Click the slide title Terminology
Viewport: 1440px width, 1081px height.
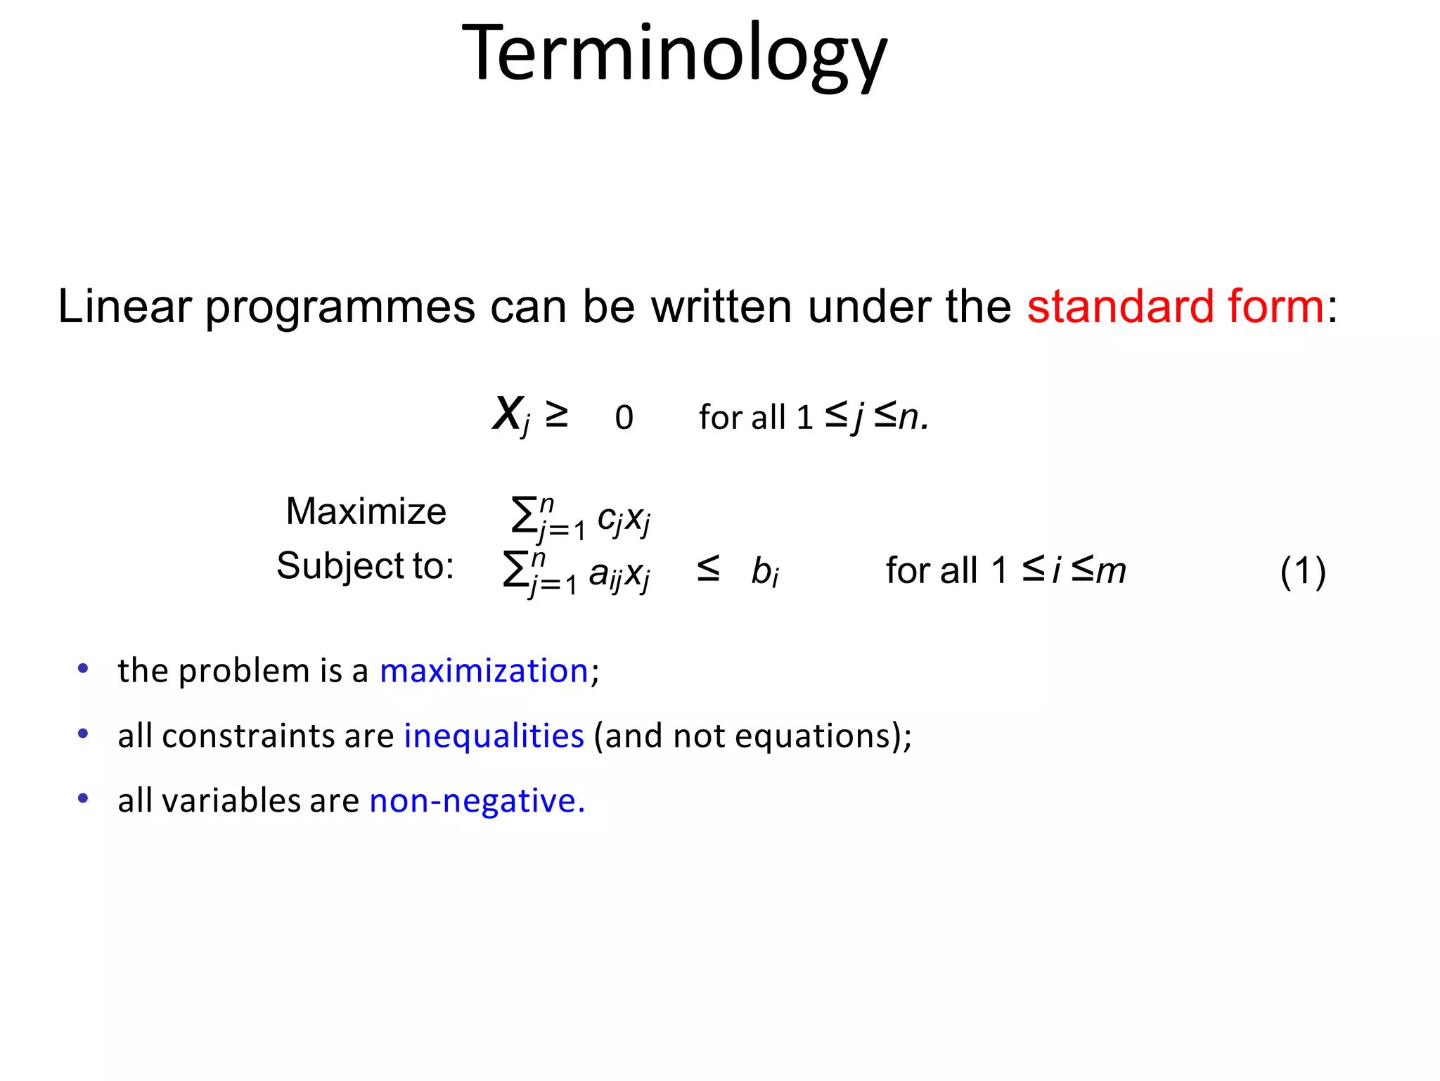coord(674,55)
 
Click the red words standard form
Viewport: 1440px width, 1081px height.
coord(1175,307)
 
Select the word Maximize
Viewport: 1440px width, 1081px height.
coord(366,511)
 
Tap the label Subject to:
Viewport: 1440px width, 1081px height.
coord(365,565)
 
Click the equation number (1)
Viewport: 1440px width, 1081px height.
coord(1302,570)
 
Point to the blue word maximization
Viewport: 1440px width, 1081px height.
coord(484,670)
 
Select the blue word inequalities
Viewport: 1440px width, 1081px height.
coord(494,736)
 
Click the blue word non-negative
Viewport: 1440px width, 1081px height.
coord(477,800)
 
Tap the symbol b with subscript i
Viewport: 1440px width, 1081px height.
coord(764,571)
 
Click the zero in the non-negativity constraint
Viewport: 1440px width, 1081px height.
coord(624,418)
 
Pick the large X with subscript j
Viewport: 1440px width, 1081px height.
coord(510,415)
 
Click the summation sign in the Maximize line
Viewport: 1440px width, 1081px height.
coord(523,515)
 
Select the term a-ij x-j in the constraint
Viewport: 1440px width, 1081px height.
coord(619,574)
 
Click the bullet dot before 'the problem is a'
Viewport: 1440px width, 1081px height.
coord(83,669)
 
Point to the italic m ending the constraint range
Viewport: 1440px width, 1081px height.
coord(1110,570)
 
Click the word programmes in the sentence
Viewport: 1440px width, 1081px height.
coord(340,307)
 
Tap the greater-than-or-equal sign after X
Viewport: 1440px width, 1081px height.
coord(556,415)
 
